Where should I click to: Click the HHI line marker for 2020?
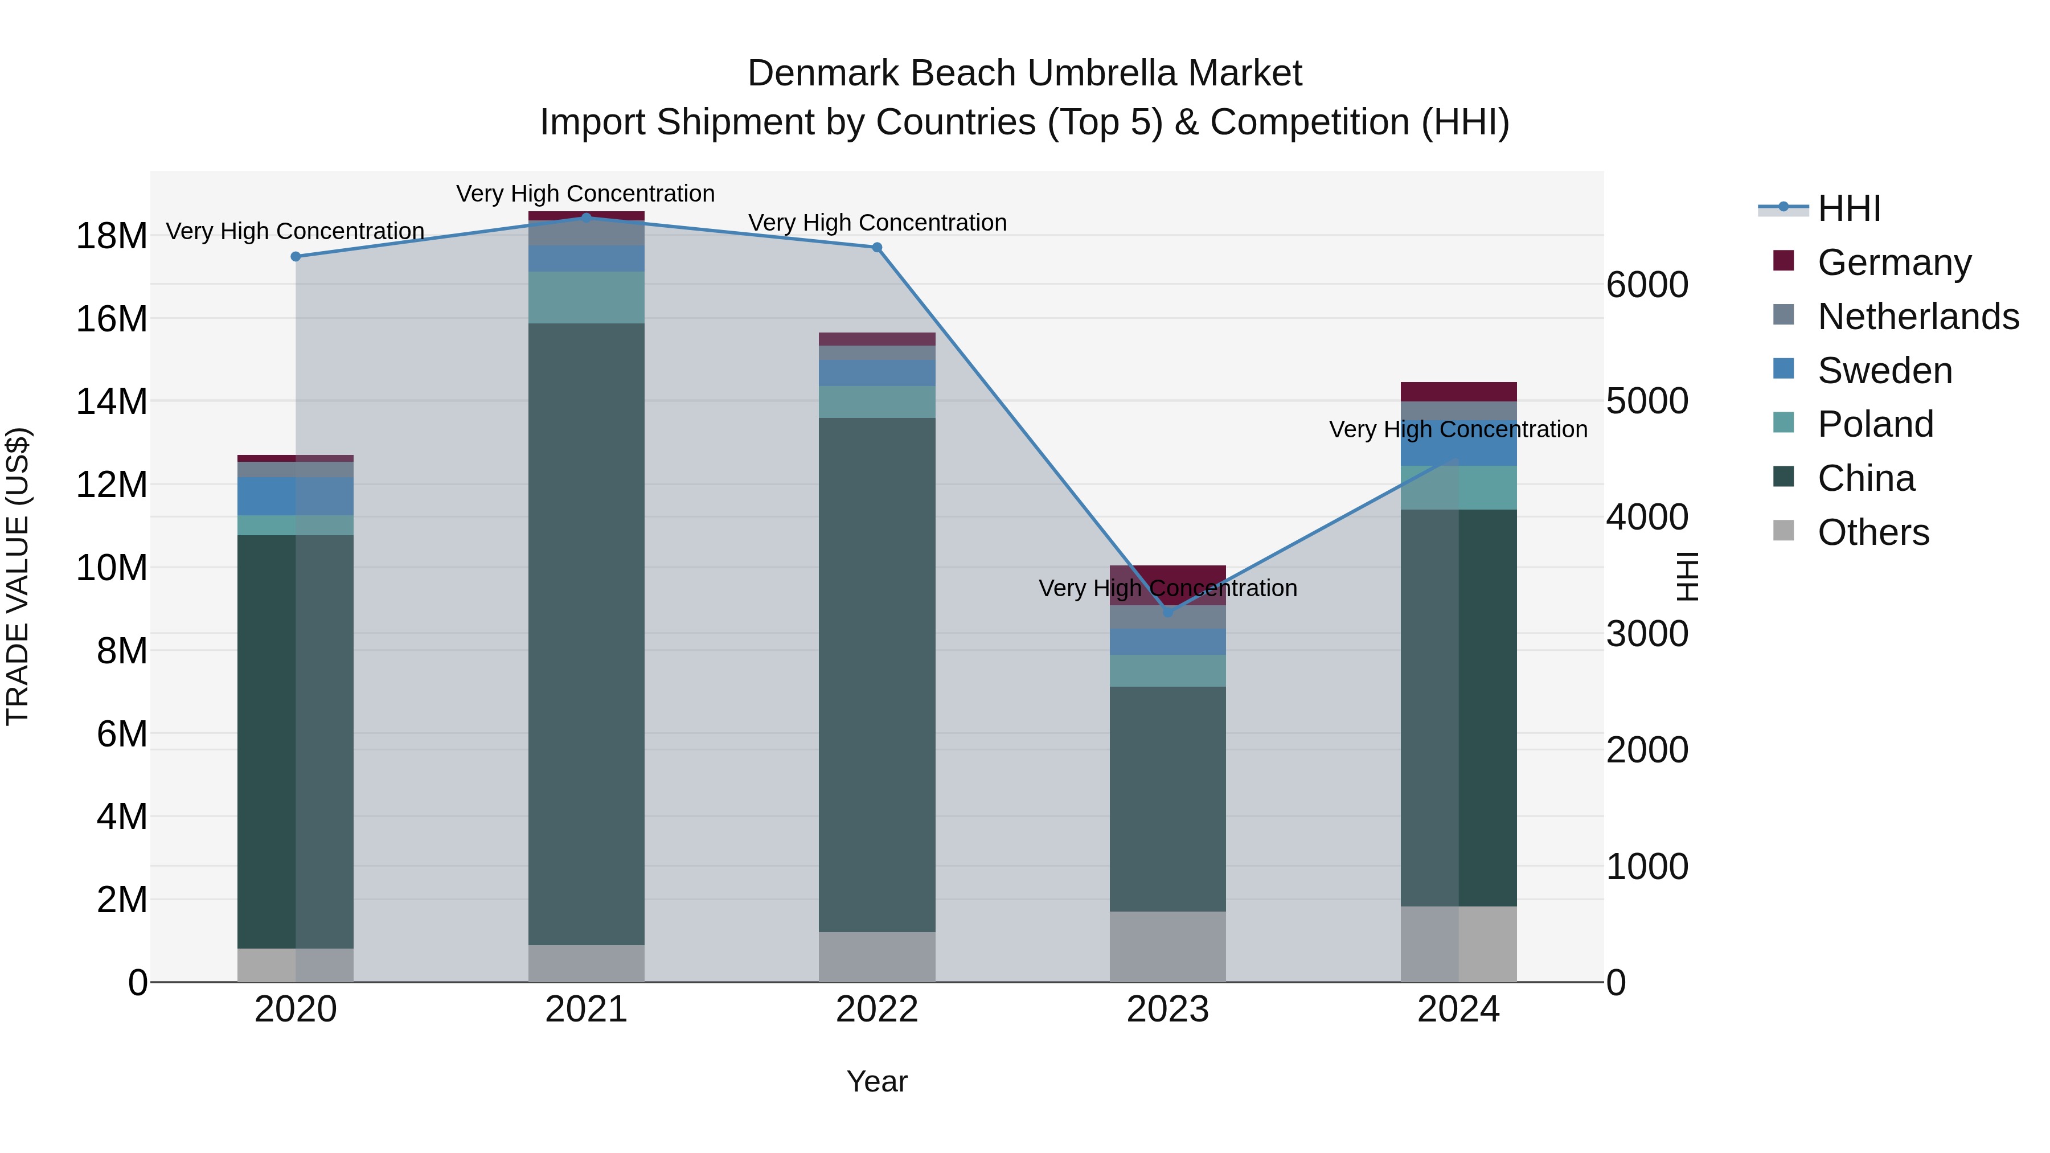click(296, 256)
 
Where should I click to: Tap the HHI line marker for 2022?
click(877, 248)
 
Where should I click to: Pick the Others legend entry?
click(1873, 532)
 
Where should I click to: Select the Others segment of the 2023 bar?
click(1167, 946)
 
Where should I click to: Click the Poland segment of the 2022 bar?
click(877, 402)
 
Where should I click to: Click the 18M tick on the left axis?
click(112, 236)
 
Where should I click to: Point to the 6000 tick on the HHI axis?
click(1646, 285)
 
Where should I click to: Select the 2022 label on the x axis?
click(877, 1010)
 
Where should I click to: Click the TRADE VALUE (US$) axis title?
click(18, 576)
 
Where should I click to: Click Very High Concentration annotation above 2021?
click(586, 194)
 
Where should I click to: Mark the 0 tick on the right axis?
click(1616, 983)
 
